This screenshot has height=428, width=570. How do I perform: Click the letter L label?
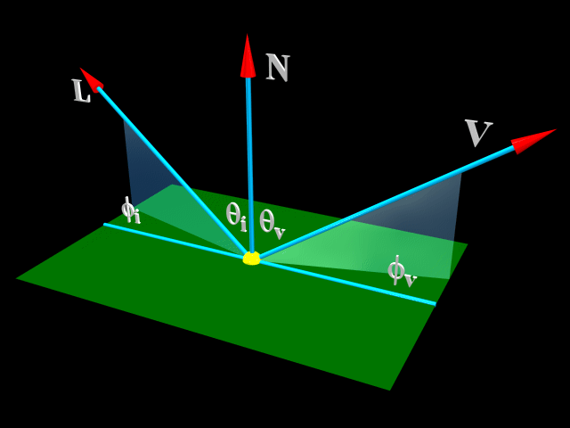[81, 91]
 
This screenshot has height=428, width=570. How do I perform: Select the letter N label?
[278, 68]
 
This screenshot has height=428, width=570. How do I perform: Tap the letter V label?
[477, 133]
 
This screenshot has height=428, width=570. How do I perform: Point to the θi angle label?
[236, 216]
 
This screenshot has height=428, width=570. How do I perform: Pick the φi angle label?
[130, 210]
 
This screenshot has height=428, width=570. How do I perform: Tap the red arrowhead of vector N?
[248, 56]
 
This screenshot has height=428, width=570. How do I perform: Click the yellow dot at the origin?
[252, 259]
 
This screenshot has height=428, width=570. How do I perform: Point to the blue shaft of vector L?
[169, 165]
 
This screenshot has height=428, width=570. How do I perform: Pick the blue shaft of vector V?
[392, 201]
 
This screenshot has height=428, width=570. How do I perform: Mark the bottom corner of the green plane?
[389, 389]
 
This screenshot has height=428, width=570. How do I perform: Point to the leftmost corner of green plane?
[18, 279]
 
